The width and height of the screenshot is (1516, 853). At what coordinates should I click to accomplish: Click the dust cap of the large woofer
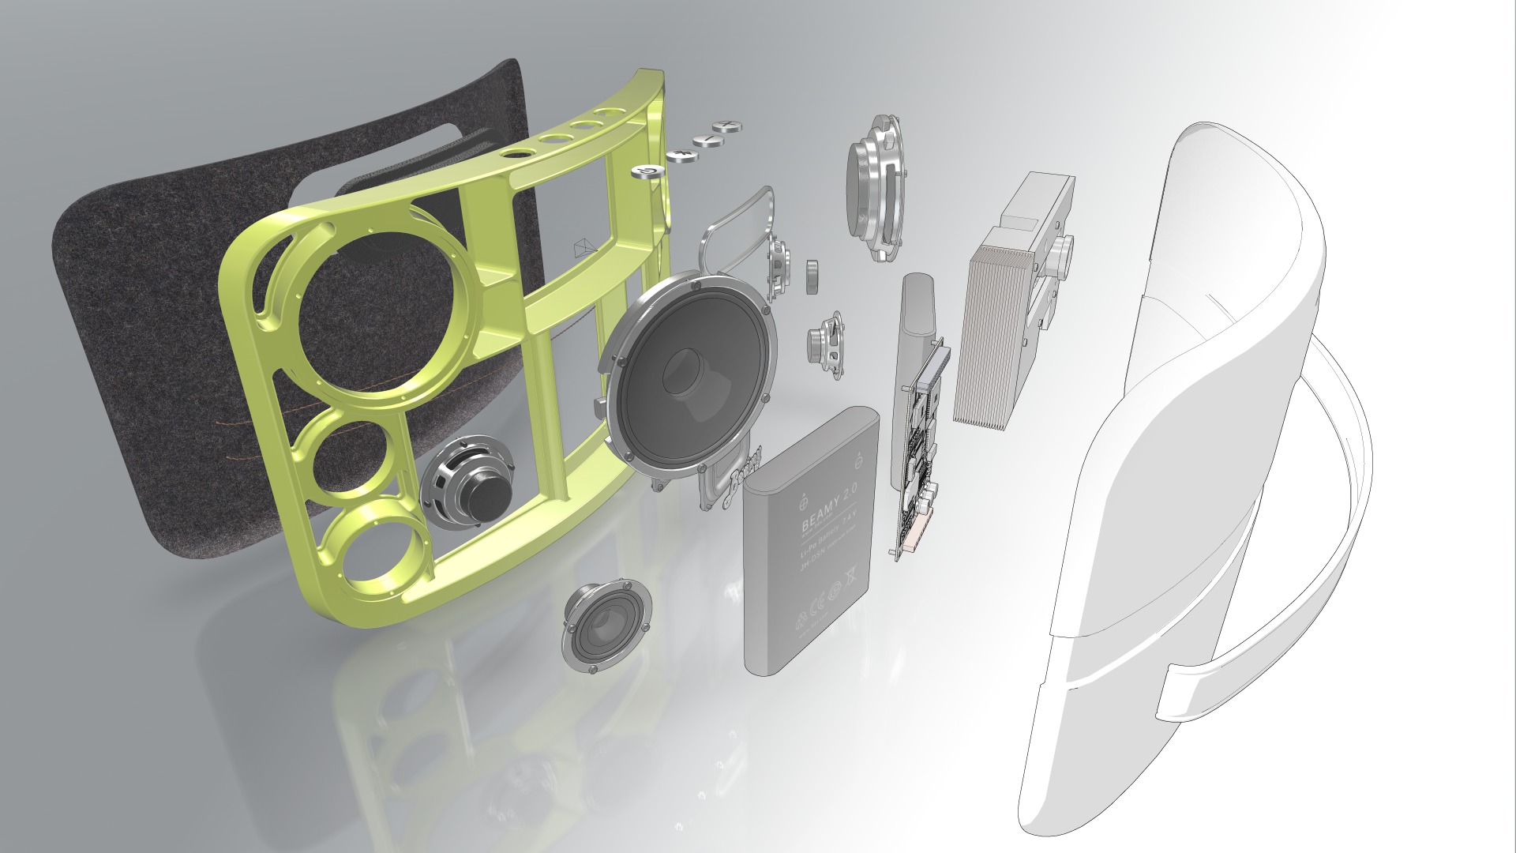tap(687, 371)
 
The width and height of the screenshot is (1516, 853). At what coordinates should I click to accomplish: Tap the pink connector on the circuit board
tap(916, 538)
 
